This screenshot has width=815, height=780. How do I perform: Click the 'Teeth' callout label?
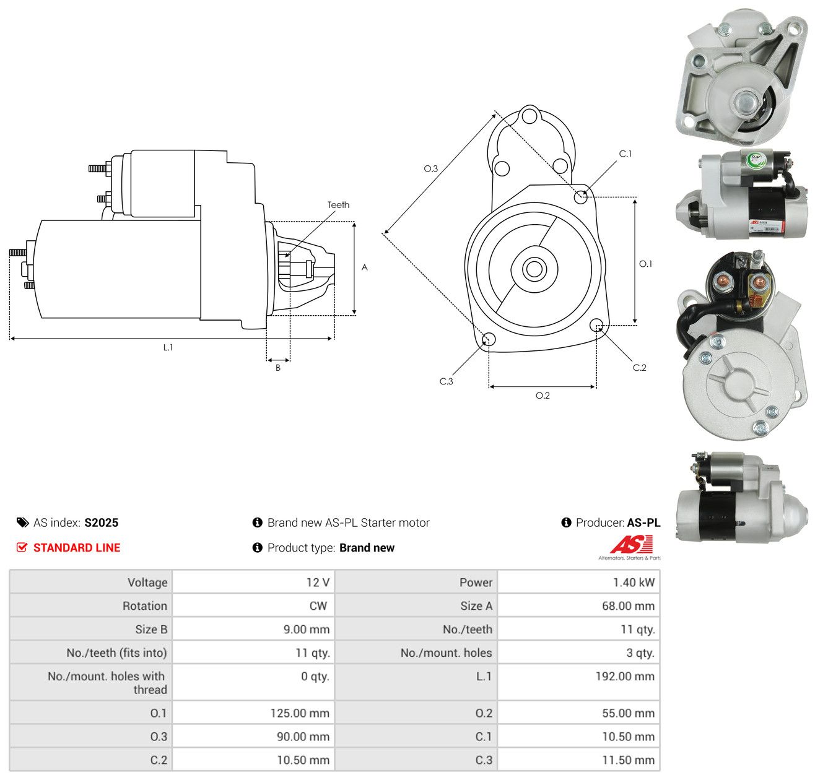coord(338,205)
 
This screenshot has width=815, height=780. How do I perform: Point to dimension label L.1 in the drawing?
coord(168,347)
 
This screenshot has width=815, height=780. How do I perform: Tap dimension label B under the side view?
coord(277,368)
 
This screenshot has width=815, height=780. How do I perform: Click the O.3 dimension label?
coord(430,168)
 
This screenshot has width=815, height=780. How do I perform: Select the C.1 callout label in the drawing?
coord(625,154)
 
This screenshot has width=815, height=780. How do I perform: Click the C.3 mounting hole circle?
coord(489,339)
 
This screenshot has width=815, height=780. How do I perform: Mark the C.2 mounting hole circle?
coord(596,324)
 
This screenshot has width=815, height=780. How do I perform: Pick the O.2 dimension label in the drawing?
coord(543,395)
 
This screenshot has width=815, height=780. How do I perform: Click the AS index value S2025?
coord(102,522)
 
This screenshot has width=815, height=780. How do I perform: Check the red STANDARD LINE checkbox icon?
coord(22,547)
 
